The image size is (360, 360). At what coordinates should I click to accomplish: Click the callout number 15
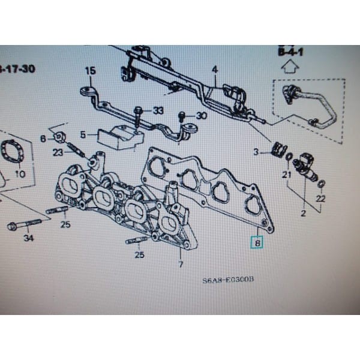click(x=90, y=71)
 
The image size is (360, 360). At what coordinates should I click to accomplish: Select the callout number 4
click(x=214, y=71)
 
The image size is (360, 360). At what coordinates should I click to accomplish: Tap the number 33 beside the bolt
click(x=158, y=110)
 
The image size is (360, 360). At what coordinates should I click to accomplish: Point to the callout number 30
click(x=201, y=115)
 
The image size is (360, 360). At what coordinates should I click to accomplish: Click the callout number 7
click(x=179, y=264)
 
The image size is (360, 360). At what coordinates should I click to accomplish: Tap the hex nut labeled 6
click(x=60, y=137)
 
